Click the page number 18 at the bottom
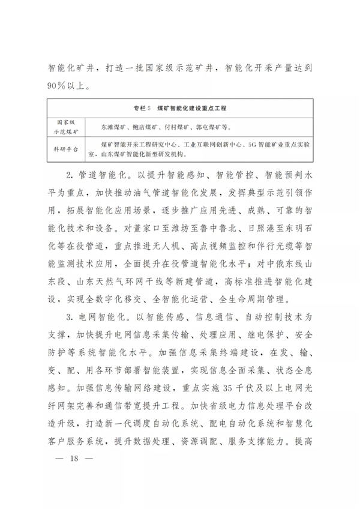(75, 477)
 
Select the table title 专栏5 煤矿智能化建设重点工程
(184, 110)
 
